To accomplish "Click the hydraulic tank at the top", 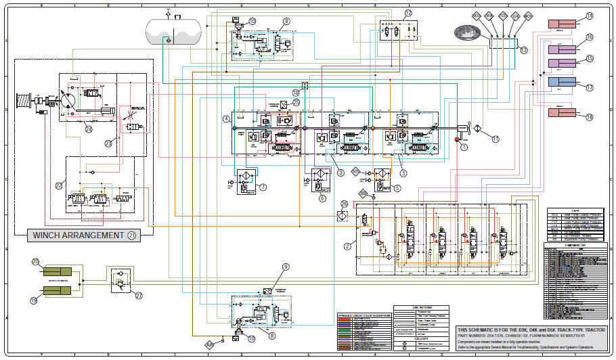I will (x=174, y=30).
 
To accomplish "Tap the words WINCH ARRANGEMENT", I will (x=76, y=235).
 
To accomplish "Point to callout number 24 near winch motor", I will (x=89, y=128).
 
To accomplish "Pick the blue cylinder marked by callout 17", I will (x=561, y=83).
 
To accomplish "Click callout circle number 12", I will (x=408, y=13).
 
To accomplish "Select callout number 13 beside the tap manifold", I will (x=523, y=50).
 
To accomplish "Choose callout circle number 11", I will (x=496, y=139).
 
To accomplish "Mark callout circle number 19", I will (x=34, y=300).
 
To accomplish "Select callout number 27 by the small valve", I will (x=139, y=295).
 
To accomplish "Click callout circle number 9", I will (x=286, y=267).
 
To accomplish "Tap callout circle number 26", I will (x=344, y=204).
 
